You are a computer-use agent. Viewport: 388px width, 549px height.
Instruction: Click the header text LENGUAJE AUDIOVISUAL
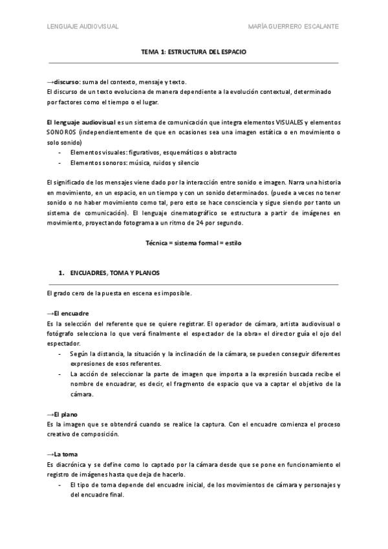pyautogui.click(x=82, y=27)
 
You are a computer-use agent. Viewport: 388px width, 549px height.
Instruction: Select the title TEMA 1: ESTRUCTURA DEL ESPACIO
pyautogui.click(x=193, y=50)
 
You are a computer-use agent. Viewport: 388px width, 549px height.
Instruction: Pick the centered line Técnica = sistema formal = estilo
pyautogui.click(x=193, y=243)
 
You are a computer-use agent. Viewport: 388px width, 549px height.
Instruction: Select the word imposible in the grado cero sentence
pyautogui.click(x=176, y=293)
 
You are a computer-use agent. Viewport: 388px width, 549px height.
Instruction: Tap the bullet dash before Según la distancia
pyautogui.click(x=61, y=353)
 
